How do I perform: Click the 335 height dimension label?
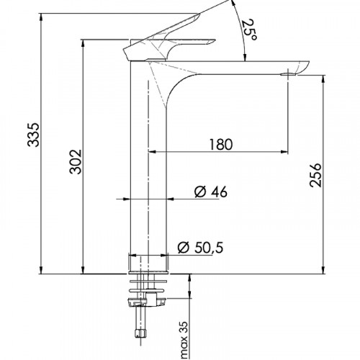(33, 135)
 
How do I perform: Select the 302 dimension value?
(76, 161)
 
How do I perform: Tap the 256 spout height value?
(315, 175)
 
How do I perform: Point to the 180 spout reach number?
(221, 145)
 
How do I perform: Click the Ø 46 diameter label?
(210, 192)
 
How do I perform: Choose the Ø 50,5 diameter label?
(200, 248)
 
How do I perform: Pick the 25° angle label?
(249, 30)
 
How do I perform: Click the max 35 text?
(184, 340)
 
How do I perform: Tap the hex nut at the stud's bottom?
(140, 333)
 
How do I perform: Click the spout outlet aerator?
(289, 74)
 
